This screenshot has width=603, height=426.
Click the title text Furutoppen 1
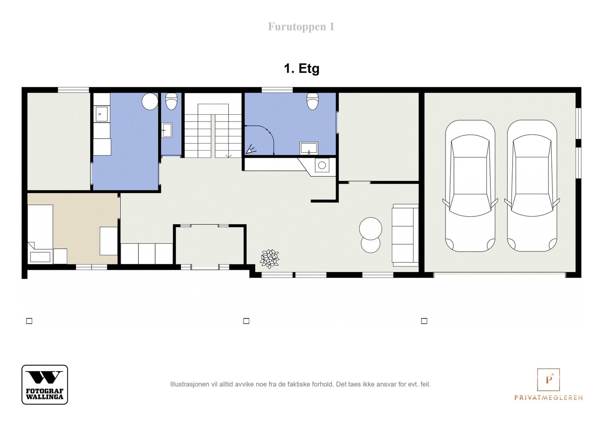coord(301,27)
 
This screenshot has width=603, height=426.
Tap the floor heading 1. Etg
coord(301,68)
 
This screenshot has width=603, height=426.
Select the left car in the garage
coord(470,186)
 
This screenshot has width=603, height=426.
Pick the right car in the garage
coord(532,186)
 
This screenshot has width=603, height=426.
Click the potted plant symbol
coord(269,259)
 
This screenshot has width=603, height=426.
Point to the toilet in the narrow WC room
coord(171,101)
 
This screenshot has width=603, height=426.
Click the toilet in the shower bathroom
coord(312,101)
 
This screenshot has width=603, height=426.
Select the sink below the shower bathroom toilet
coord(309,148)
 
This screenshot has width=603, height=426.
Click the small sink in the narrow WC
coord(167,130)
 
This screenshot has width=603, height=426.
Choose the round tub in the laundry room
coord(150,101)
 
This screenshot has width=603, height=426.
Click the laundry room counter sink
coord(101,114)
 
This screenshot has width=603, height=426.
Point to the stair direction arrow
coord(228,155)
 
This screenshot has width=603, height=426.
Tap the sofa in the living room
coord(405,235)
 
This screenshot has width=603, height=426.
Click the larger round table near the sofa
coord(371,229)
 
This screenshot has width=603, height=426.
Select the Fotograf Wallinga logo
coord(45,384)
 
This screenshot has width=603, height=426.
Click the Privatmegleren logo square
coord(548,380)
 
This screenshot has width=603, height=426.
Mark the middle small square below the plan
coord(246,321)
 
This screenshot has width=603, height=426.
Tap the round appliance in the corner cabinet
coord(322,165)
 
